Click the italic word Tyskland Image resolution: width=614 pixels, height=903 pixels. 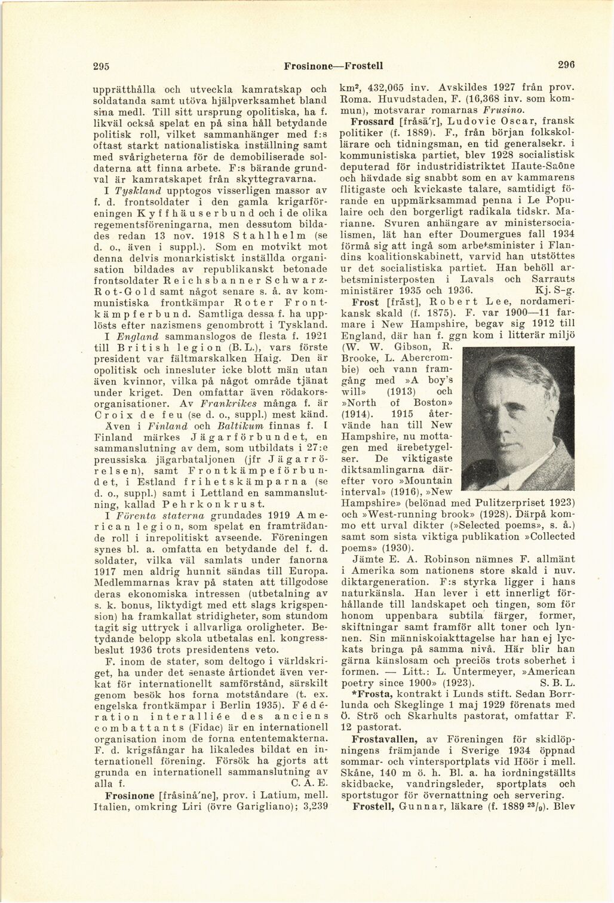coord(139,190)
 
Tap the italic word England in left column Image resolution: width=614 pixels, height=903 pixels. coord(137,336)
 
